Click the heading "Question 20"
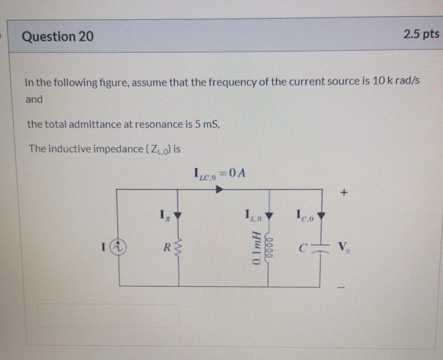(x=58, y=37)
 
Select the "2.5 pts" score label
(x=421, y=34)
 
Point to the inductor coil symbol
(x=270, y=248)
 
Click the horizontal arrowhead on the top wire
(x=219, y=190)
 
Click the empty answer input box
(x=109, y=315)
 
